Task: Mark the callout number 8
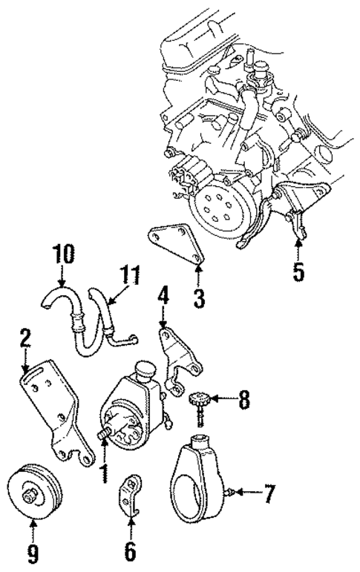(243, 401)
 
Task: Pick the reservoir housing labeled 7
(197, 476)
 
